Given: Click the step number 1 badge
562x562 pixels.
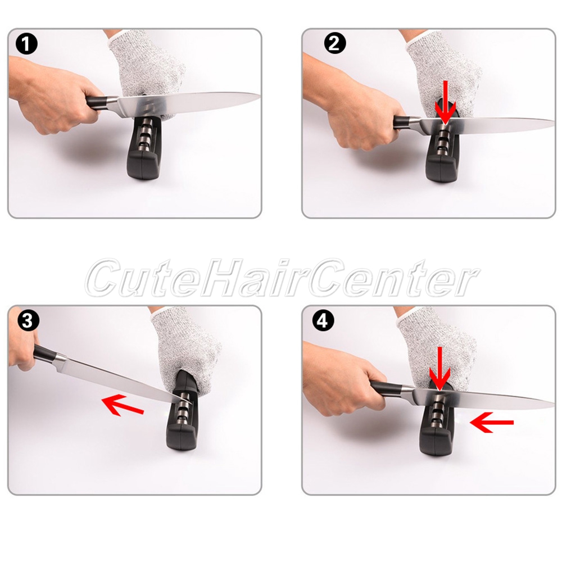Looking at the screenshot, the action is click(x=26, y=45).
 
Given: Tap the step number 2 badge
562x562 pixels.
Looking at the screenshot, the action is click(x=335, y=44).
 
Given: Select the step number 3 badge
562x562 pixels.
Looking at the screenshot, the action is click(x=27, y=321).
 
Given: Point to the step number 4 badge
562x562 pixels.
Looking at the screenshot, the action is click(x=323, y=321).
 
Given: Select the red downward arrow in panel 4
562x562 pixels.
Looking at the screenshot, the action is click(x=439, y=369).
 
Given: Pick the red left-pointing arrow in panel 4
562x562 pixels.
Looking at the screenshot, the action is click(x=492, y=423).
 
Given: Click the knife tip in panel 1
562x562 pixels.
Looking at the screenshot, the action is click(x=260, y=96).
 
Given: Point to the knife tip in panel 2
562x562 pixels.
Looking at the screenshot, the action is click(x=554, y=121).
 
